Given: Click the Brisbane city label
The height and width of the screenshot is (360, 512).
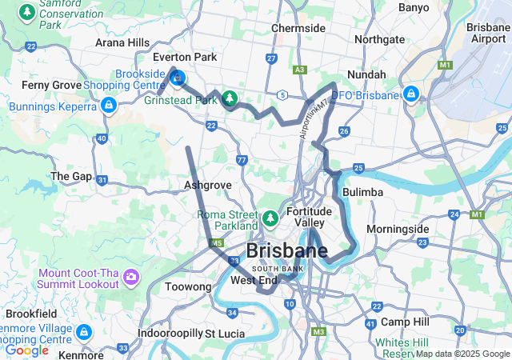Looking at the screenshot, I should (x=286, y=250).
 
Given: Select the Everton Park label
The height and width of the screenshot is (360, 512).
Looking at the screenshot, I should (x=185, y=58).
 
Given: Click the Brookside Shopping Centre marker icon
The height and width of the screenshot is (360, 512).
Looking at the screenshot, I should (x=178, y=78).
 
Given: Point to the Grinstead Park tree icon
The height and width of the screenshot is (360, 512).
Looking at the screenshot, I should (x=230, y=98).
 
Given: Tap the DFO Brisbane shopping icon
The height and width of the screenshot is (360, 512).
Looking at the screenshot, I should (x=411, y=94).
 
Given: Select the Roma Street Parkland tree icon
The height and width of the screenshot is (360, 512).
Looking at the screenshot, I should (x=270, y=218).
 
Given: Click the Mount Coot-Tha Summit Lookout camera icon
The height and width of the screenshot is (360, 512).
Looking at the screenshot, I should (x=130, y=278).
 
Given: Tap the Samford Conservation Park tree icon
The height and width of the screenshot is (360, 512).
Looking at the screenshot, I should (x=28, y=13).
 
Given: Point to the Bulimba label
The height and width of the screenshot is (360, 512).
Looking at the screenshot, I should (x=362, y=193).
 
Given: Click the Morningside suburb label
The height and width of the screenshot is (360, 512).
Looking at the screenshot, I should (x=398, y=229).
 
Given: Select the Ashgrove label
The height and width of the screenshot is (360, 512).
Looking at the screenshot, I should (x=207, y=185).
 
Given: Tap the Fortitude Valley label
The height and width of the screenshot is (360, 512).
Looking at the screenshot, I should (x=310, y=216).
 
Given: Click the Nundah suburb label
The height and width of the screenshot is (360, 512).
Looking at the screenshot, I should (x=366, y=74).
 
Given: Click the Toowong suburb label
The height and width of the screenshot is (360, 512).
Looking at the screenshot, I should (x=187, y=286).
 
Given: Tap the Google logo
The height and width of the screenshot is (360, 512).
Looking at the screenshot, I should (x=27, y=350).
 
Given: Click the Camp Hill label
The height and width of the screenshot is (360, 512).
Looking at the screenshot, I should (x=405, y=322).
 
